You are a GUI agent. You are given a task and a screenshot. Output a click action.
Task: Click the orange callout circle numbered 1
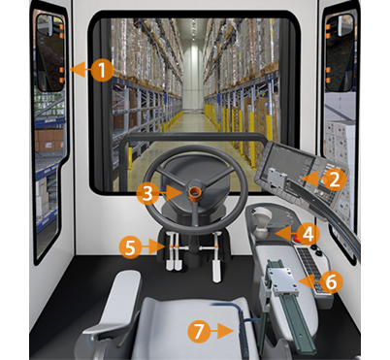tap(104, 70)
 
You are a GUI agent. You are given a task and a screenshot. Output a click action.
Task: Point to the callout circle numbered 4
tap(307, 233)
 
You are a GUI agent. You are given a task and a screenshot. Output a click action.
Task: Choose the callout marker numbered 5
tap(131, 246)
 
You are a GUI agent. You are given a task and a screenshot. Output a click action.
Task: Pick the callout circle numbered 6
tap(330, 282)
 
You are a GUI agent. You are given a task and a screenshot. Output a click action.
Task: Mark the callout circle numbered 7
tap(199, 330)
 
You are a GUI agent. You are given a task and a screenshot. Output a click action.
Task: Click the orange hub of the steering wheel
tap(193, 192)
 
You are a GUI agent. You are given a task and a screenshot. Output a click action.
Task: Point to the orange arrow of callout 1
tap(78, 70)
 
